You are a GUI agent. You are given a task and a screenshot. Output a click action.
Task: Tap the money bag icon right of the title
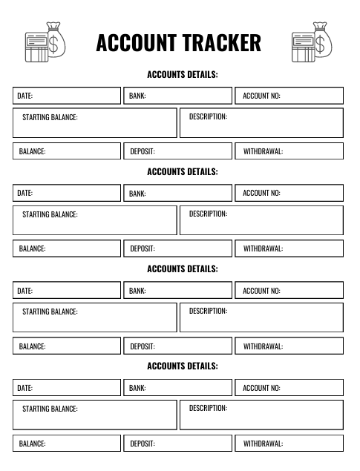point(312,42)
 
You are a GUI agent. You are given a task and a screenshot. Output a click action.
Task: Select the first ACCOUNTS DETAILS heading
point(183,74)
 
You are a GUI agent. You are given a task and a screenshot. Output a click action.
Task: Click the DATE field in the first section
point(67,96)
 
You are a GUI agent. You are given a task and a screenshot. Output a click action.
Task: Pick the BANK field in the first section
point(178,96)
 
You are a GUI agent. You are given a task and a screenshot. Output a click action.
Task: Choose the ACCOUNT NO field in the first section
point(289,96)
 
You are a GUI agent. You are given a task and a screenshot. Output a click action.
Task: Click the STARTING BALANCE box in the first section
point(95,123)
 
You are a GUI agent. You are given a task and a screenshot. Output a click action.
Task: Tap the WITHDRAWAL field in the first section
point(289,151)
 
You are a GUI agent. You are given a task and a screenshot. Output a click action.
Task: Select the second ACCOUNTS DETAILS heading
point(183,171)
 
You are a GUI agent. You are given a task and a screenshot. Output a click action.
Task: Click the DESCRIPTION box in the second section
point(261,220)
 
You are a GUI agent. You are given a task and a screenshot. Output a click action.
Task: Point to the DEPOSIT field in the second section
point(178,248)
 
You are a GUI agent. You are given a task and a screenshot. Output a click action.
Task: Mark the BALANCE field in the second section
point(67,248)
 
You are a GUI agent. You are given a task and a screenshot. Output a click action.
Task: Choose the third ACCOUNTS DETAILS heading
point(183,269)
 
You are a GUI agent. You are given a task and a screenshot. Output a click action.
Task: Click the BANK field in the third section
point(178,290)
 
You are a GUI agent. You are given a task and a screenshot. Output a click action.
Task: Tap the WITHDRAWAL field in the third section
point(289,346)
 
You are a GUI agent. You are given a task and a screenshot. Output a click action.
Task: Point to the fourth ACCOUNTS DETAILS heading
point(183,366)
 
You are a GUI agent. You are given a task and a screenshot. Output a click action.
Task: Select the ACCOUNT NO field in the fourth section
point(289,387)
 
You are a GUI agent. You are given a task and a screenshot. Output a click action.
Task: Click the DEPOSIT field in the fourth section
point(178,444)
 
